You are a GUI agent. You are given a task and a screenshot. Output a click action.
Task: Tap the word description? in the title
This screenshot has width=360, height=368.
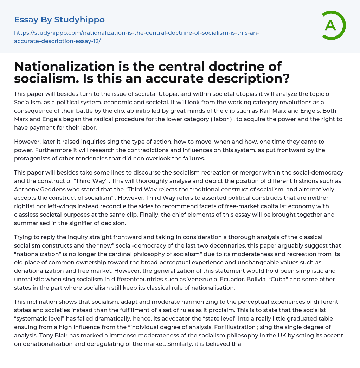point(249,78)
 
